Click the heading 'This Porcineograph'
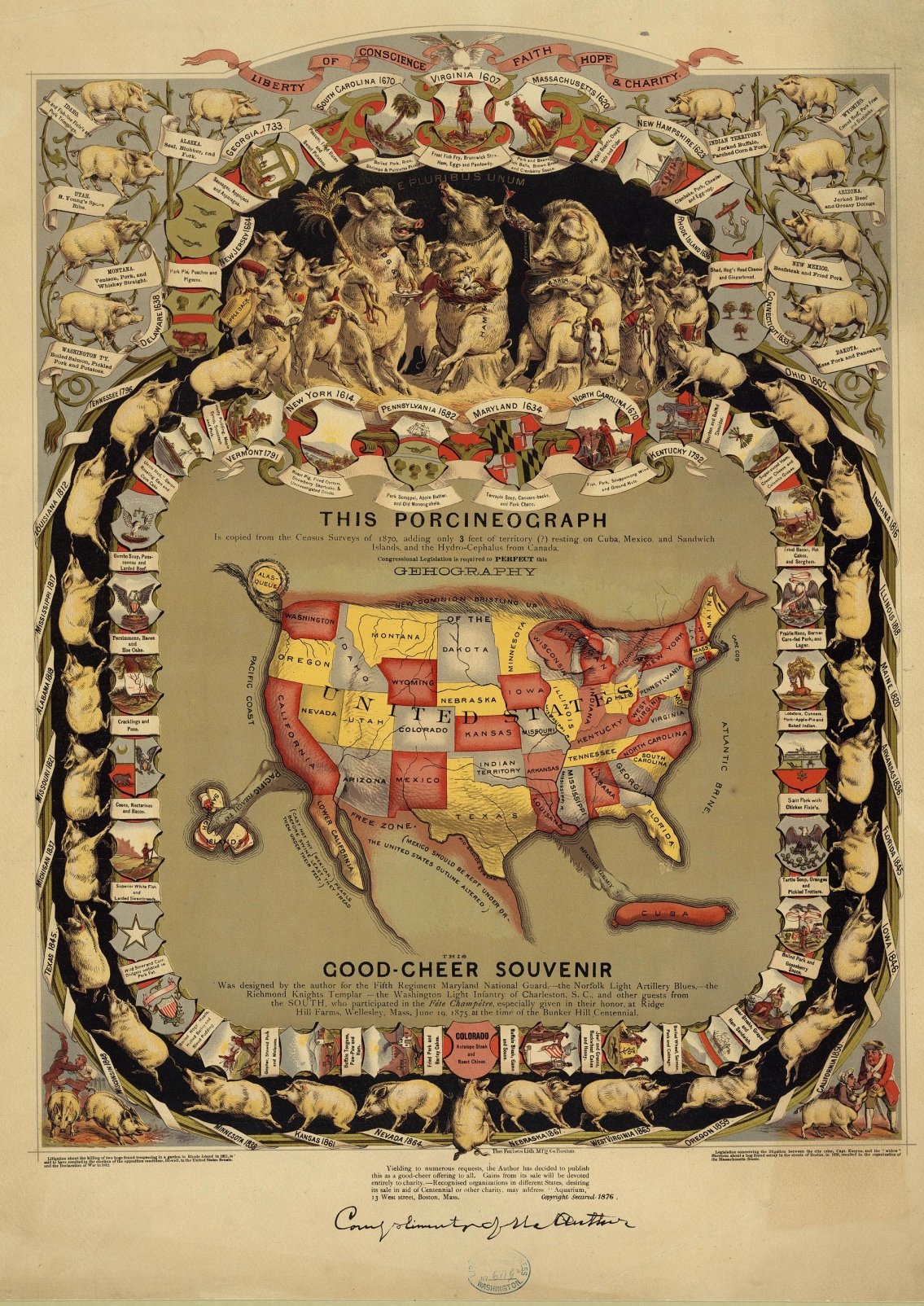[463, 519]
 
